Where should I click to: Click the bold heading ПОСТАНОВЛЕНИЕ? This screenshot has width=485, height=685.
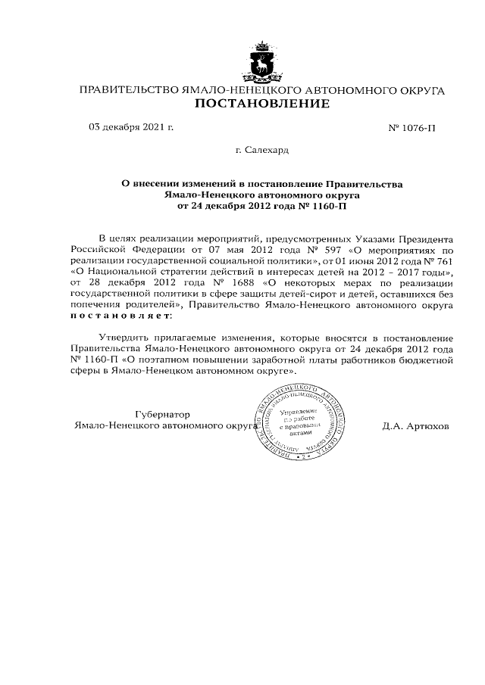tap(262, 104)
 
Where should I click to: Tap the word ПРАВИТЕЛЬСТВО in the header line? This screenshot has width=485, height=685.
tap(126, 90)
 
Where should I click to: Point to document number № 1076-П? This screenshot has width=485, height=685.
tap(411, 127)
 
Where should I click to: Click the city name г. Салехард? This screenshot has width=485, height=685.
tap(262, 150)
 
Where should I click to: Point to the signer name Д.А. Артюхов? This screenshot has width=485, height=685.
tap(416, 426)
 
